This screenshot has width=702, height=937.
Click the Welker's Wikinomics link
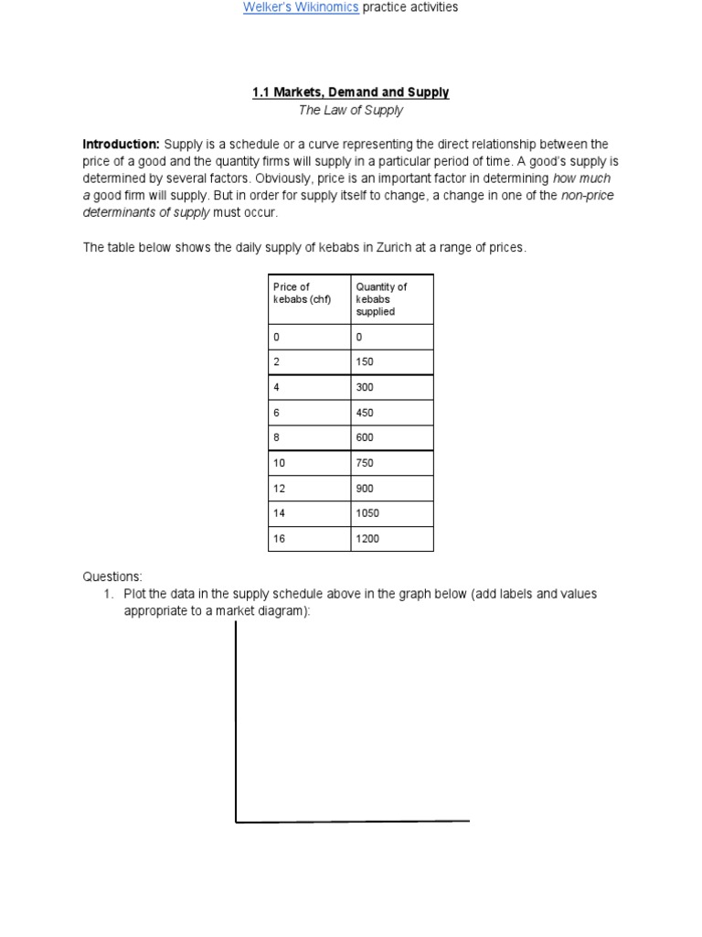(x=301, y=7)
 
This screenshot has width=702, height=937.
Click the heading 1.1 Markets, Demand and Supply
(x=350, y=92)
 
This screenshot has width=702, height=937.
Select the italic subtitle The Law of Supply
(x=350, y=111)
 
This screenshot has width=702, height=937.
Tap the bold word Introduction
(x=121, y=145)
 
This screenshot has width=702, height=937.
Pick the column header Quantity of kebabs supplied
(x=381, y=299)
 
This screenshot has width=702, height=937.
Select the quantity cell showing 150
(x=365, y=361)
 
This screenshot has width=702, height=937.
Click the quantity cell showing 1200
(x=367, y=539)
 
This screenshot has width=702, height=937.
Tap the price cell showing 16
(x=280, y=539)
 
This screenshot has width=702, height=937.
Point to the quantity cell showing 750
(x=365, y=463)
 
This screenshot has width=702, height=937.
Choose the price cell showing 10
(x=280, y=463)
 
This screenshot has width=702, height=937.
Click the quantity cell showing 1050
(x=367, y=513)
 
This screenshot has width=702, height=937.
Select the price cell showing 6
(x=276, y=412)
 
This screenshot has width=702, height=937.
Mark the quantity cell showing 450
(x=365, y=412)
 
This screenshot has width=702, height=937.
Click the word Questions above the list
(x=112, y=576)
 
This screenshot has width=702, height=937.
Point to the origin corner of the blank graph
(x=237, y=822)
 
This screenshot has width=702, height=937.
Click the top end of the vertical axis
(x=237, y=623)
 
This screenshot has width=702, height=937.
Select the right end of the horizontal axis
(x=468, y=821)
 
